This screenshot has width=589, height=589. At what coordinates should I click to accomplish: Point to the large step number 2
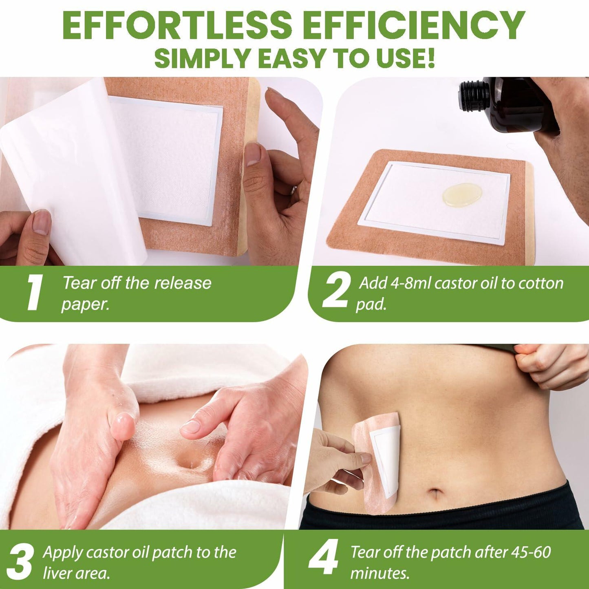[x=335, y=293]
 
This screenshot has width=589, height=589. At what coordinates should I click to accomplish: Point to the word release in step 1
[x=183, y=283]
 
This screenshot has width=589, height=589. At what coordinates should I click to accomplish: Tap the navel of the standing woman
[x=436, y=493]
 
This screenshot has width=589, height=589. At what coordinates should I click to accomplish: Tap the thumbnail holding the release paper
[x=42, y=222]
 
